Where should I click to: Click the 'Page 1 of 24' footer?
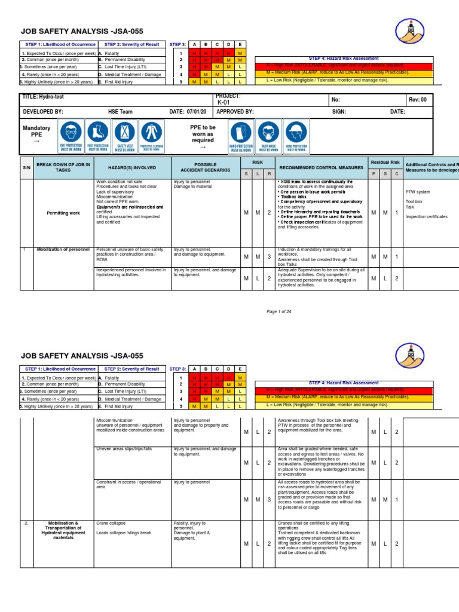[279, 311]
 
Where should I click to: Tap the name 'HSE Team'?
[114, 112]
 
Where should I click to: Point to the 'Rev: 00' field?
[417, 100]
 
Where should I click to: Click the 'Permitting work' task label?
[63, 213]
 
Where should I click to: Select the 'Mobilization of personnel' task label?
[63, 249]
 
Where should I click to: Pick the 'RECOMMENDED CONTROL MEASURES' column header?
[320, 169]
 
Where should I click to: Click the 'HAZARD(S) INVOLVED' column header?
[132, 169]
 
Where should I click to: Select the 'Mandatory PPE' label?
[36, 132]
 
